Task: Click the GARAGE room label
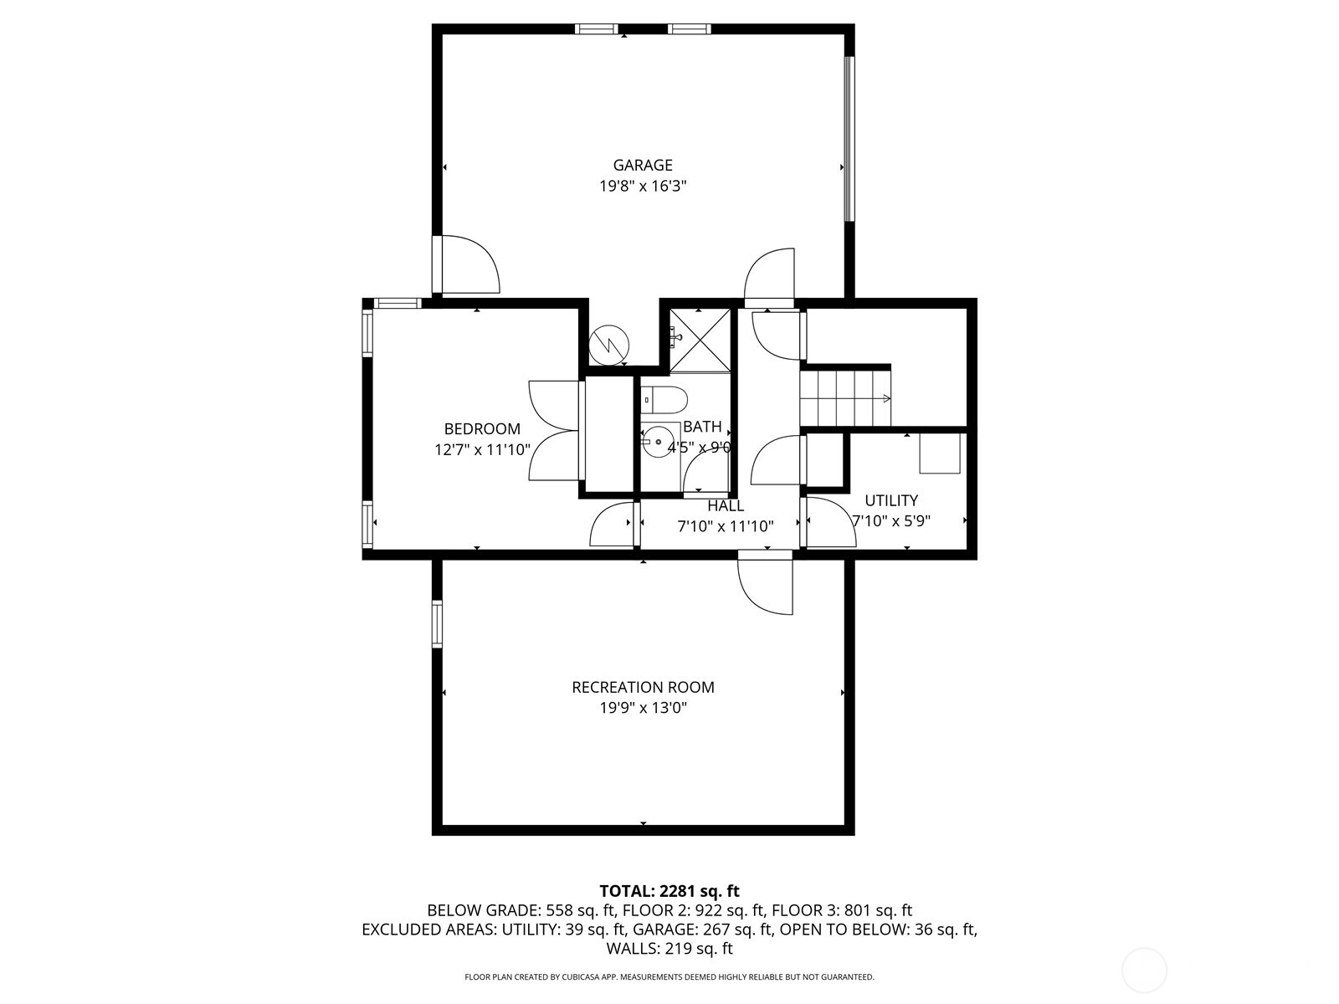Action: point(642,165)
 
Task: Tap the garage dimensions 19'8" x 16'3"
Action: point(642,186)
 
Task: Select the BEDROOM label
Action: point(482,429)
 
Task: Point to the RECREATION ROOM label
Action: point(643,687)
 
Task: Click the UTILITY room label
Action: point(891,500)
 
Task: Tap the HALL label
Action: point(725,505)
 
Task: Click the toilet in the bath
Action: point(665,400)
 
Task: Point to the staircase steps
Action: point(844,398)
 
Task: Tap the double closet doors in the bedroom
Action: point(554,431)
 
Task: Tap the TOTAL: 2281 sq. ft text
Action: point(669,891)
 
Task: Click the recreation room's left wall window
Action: point(437,624)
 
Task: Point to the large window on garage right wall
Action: point(849,138)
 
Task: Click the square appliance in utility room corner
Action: point(940,453)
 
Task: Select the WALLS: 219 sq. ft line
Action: point(669,949)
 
